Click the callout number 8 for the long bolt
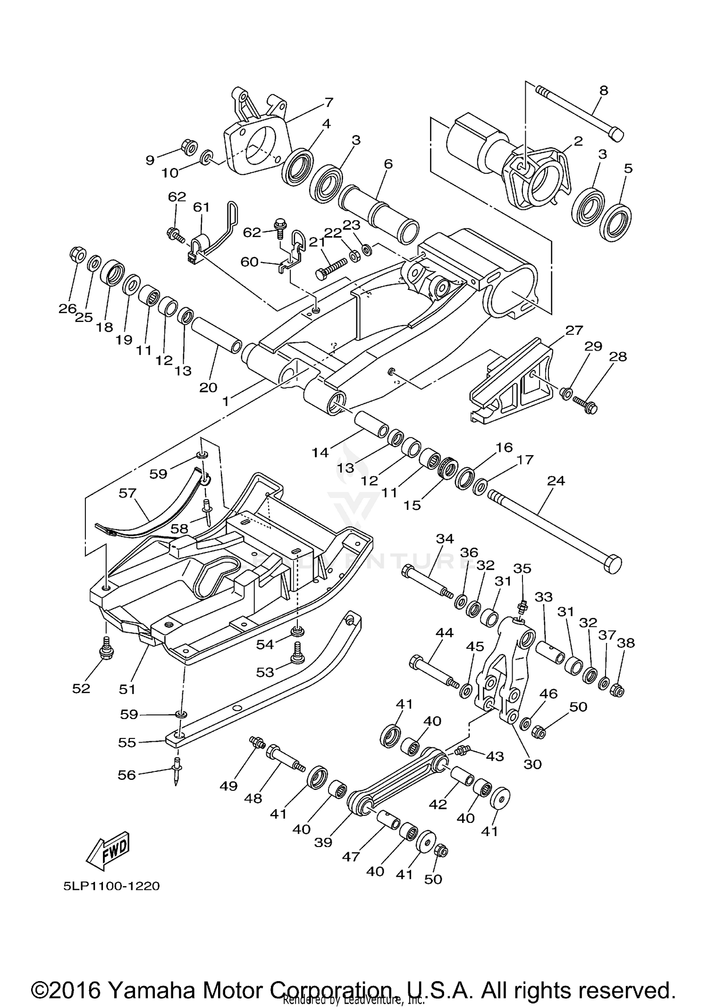tap(604, 90)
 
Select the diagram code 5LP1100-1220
tap(112, 886)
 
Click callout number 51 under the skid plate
tap(127, 689)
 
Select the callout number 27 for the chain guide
tap(573, 330)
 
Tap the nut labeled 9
tap(190, 147)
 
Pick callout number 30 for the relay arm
tap(532, 764)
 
